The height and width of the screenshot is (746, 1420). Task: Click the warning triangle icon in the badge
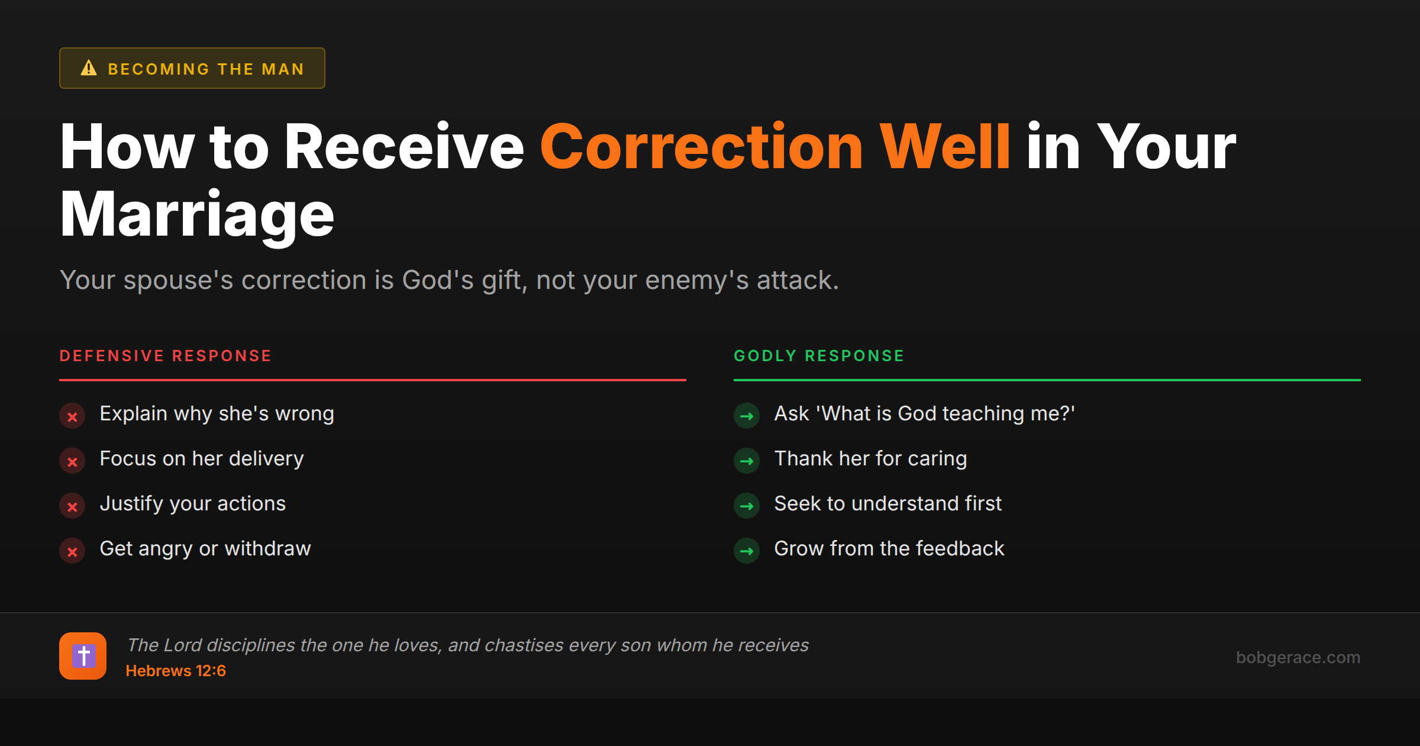89,68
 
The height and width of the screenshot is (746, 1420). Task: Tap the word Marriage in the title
197,214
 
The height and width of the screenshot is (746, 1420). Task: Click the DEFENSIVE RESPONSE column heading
166,356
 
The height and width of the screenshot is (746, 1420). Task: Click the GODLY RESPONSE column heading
819,356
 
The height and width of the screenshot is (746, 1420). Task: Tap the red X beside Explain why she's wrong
72,416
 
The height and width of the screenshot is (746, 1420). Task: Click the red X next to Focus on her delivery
72,461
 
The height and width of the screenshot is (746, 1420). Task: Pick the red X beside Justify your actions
72,506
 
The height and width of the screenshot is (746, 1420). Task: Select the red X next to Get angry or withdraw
72,551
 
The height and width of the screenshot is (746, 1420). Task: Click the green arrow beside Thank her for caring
747,461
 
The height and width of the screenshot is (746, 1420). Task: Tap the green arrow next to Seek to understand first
747,506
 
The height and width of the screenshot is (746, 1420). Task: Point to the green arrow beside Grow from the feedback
747,551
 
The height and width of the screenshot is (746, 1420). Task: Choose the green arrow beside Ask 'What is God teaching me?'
747,416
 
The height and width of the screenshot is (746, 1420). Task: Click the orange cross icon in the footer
83,656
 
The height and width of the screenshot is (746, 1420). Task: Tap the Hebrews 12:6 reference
176,671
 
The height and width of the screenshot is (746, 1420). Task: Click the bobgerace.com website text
1298,657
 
